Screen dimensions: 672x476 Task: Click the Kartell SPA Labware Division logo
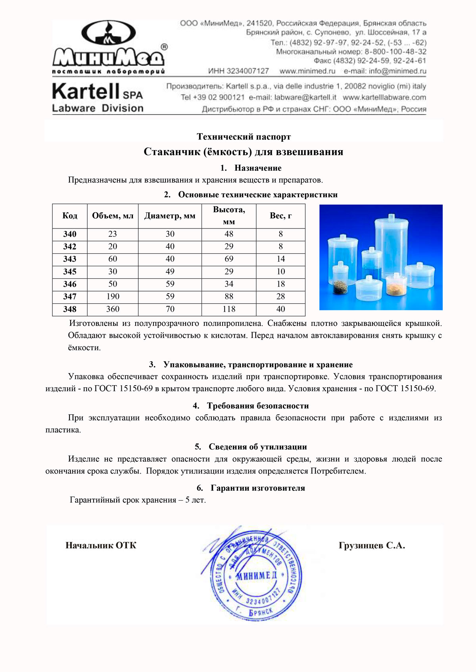click(98, 97)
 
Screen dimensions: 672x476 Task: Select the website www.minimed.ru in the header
click(307, 71)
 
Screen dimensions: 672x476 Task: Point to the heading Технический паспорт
click(244, 137)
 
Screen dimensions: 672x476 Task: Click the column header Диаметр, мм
click(170, 216)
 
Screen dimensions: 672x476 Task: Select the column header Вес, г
click(280, 216)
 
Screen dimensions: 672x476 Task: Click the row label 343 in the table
click(70, 259)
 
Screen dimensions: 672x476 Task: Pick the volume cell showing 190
click(113, 297)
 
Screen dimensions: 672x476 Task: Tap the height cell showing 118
click(229, 309)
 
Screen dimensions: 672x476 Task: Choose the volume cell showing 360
click(113, 309)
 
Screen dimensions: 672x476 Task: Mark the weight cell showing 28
click(280, 297)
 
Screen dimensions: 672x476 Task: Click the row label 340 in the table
click(70, 234)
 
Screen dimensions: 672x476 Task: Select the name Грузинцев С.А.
click(372, 546)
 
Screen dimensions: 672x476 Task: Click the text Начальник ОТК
click(101, 546)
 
